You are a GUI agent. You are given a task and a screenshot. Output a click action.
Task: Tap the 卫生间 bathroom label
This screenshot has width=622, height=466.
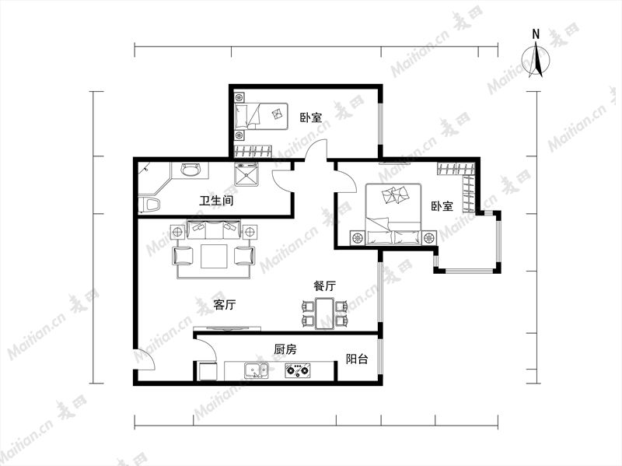pyautogui.click(x=216, y=201)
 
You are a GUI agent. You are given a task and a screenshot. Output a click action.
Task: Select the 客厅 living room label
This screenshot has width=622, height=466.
pyautogui.click(x=225, y=305)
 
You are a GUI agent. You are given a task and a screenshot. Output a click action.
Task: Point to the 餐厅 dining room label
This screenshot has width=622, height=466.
pyautogui.click(x=324, y=286)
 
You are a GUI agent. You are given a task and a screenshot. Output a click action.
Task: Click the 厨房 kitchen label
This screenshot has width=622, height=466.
pyautogui.click(x=285, y=349)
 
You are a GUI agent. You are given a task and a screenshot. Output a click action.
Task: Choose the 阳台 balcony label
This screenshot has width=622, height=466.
pyautogui.click(x=357, y=359)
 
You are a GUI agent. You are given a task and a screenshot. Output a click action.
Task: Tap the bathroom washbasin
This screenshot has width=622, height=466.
pyautogui.click(x=190, y=170)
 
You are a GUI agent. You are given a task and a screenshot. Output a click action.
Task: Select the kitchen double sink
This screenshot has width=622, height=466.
pyautogui.click(x=256, y=370)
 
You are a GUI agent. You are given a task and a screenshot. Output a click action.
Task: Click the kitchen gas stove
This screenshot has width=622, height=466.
pyautogui.click(x=297, y=370)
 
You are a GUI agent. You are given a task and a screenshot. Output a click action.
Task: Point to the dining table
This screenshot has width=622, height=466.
pyautogui.click(x=325, y=314)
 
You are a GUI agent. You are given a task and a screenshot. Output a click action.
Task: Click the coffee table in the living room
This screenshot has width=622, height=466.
pyautogui.click(x=215, y=257)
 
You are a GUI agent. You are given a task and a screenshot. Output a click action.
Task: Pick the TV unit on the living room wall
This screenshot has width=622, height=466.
pyautogui.click(x=227, y=328)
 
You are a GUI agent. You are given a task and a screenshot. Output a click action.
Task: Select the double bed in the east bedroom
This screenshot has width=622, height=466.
pyautogui.click(x=393, y=214)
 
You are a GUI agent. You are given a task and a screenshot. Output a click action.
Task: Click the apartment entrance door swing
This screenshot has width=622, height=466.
pyautogui.click(x=144, y=359)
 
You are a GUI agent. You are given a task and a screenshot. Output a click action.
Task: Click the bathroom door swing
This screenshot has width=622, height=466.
pyautogui.click(x=283, y=181)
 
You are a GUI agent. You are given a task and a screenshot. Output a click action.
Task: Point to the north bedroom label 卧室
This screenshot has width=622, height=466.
pyautogui.click(x=310, y=117)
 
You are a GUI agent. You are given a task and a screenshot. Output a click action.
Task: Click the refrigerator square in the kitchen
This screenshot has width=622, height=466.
pyautogui.click(x=208, y=371)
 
